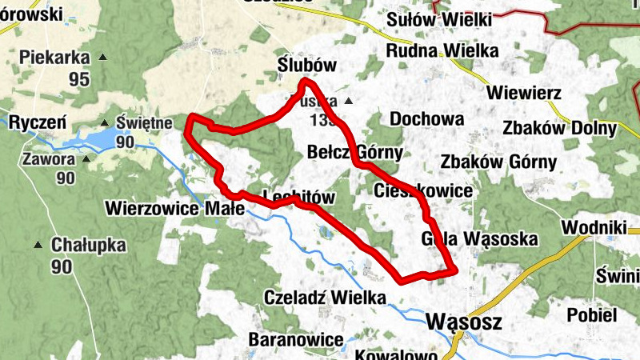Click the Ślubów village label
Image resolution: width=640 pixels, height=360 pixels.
pyautogui.click(x=306, y=65)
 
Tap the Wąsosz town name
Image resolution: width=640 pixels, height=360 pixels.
pyautogui.click(x=464, y=322)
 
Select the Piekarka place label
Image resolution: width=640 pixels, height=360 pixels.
pyautogui.click(x=53, y=57)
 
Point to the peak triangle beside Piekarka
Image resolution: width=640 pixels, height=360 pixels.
pyautogui.click(x=102, y=57)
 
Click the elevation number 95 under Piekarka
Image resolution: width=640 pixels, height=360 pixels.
pyautogui.click(x=78, y=79)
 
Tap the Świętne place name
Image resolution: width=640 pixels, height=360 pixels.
pyautogui.click(x=144, y=123)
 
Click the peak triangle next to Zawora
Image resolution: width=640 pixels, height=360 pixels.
pyautogui.click(x=86, y=158)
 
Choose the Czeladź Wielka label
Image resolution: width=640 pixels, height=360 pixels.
pyautogui.click(x=324, y=298)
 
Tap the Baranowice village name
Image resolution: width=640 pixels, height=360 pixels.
pyautogui.click(x=295, y=339)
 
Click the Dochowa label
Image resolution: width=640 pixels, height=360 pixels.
pyautogui.click(x=426, y=119)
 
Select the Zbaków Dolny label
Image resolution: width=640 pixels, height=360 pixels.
pyautogui.click(x=560, y=128)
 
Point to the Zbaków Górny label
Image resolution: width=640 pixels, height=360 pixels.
pyautogui.click(x=498, y=162)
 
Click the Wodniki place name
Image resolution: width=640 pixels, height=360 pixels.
pyautogui.click(x=593, y=227)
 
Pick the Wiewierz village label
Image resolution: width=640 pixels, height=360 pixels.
pyautogui.click(x=527, y=92)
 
